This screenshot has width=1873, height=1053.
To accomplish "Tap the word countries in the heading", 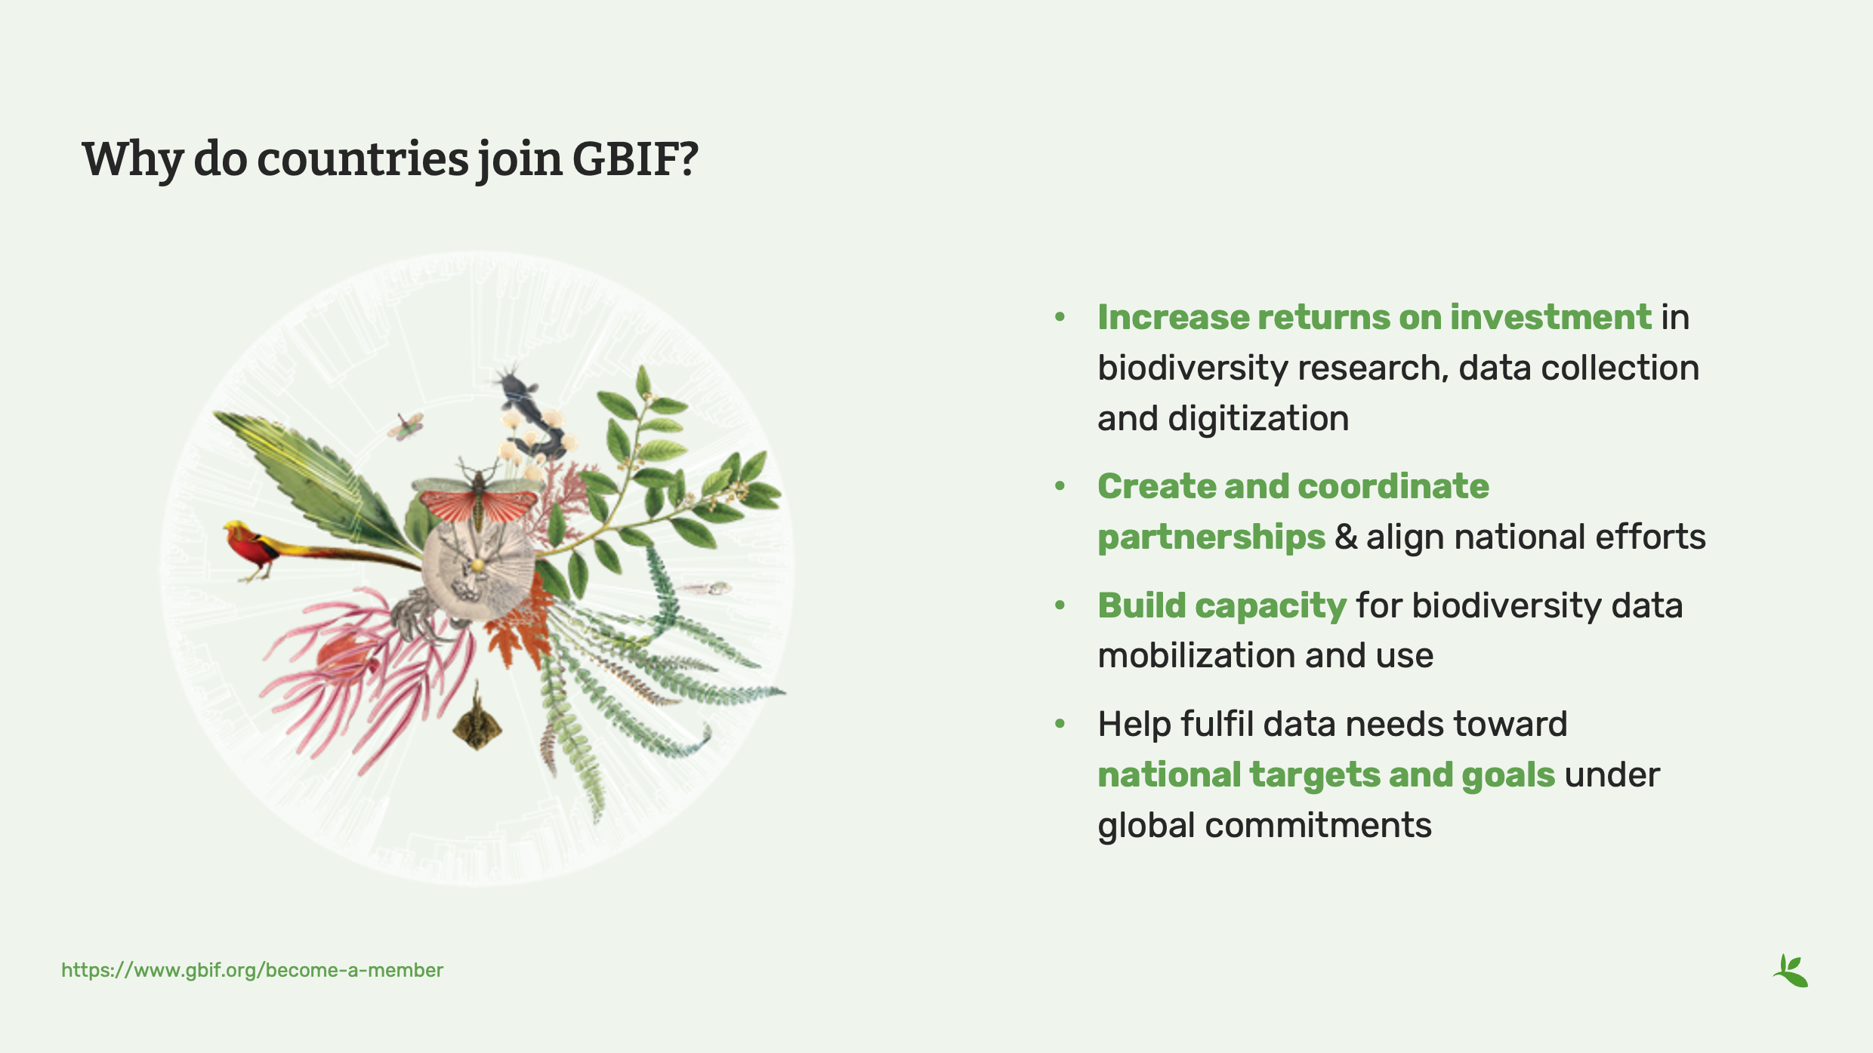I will (x=363, y=159).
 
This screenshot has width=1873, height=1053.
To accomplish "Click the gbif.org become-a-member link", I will (x=252, y=970).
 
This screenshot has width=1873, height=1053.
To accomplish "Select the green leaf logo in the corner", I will (x=1791, y=971).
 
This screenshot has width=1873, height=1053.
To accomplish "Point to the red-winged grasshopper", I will (x=477, y=500).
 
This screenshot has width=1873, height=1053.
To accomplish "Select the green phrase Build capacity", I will (x=1221, y=605).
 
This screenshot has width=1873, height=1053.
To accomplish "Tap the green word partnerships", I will (x=1211, y=537).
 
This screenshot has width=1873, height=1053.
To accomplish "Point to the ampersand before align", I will (x=1345, y=537).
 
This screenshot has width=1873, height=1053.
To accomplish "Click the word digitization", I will (x=1258, y=418).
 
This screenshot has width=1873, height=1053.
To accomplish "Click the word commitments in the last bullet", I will (x=1318, y=825).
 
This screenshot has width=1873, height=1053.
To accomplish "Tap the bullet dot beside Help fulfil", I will (x=1060, y=724).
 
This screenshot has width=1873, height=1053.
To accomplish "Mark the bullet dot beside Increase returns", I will (x=1060, y=317).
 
